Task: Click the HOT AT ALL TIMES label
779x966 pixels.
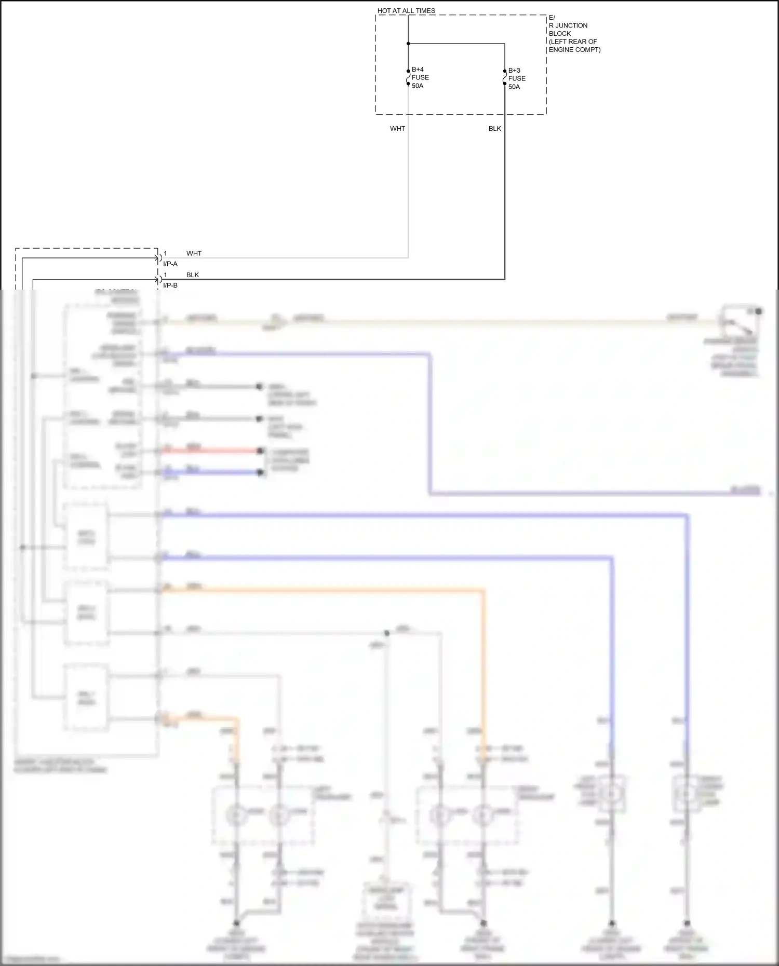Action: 406,11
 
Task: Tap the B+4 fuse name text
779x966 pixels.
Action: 418,70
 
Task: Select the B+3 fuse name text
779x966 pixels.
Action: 514,71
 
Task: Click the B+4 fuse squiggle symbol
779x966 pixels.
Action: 408,77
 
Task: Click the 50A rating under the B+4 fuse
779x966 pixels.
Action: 418,86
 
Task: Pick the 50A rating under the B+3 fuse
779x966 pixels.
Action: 514,87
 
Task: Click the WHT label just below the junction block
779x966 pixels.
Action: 397,129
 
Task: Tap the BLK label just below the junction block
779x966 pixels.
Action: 494,129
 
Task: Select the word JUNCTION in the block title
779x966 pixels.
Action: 571,25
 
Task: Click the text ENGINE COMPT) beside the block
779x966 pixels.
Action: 574,50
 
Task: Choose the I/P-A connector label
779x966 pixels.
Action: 170,264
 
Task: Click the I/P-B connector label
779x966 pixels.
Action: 170,285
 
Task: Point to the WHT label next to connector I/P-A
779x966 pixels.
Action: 194,254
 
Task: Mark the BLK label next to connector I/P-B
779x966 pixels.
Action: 193,275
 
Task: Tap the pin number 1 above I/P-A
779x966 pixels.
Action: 166,254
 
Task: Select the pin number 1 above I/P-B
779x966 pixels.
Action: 166,275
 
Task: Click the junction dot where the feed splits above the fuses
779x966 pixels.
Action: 408,44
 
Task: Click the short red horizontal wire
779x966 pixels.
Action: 210,451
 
